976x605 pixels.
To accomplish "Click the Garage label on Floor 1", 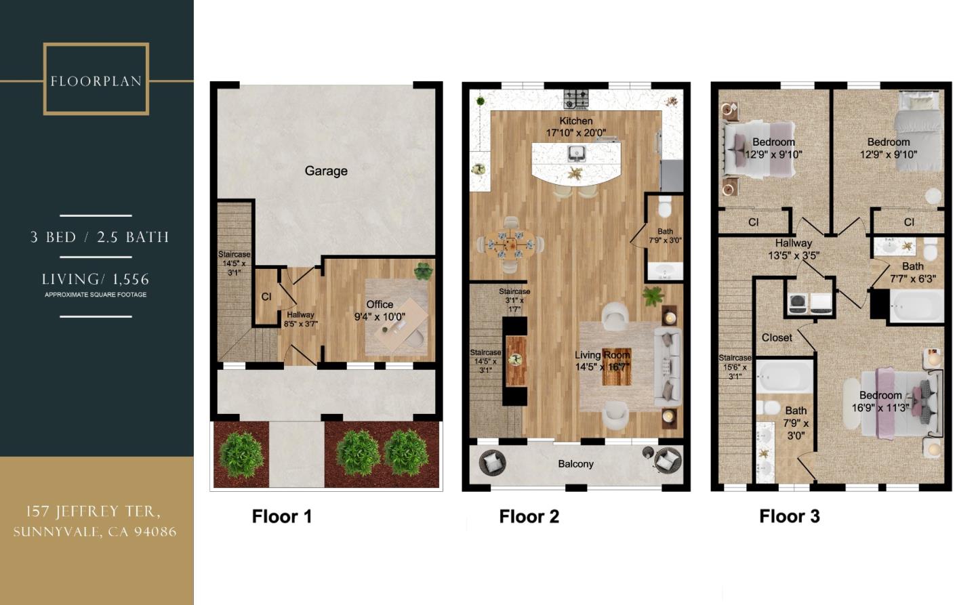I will [x=326, y=171].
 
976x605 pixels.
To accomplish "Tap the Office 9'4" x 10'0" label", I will [x=380, y=310].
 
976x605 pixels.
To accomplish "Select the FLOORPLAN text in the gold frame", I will [x=96, y=81].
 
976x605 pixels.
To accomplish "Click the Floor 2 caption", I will [x=529, y=516].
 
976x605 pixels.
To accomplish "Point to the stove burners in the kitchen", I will [x=577, y=99].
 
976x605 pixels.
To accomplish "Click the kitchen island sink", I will [x=577, y=152].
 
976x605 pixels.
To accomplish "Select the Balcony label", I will [x=575, y=464].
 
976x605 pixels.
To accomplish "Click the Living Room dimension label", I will [x=602, y=361].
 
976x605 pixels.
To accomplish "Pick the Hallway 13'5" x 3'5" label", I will [x=793, y=249].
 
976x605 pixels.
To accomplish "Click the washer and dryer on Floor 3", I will [x=810, y=304].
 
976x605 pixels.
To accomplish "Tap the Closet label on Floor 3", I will [x=777, y=337].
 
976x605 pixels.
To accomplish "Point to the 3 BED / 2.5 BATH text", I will [x=100, y=237].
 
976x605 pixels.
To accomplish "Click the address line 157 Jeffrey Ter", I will [x=94, y=512].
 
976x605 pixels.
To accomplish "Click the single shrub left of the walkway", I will [x=241, y=453].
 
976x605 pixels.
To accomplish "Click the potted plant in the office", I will [x=424, y=271].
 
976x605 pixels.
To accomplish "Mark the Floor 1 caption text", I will [x=281, y=516].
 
